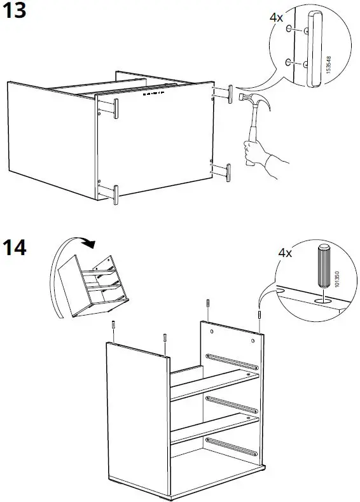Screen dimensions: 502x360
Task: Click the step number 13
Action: pos(16,12)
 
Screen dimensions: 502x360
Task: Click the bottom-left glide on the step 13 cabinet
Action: pos(116,194)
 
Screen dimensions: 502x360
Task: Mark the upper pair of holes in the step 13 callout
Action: pos(298,29)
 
